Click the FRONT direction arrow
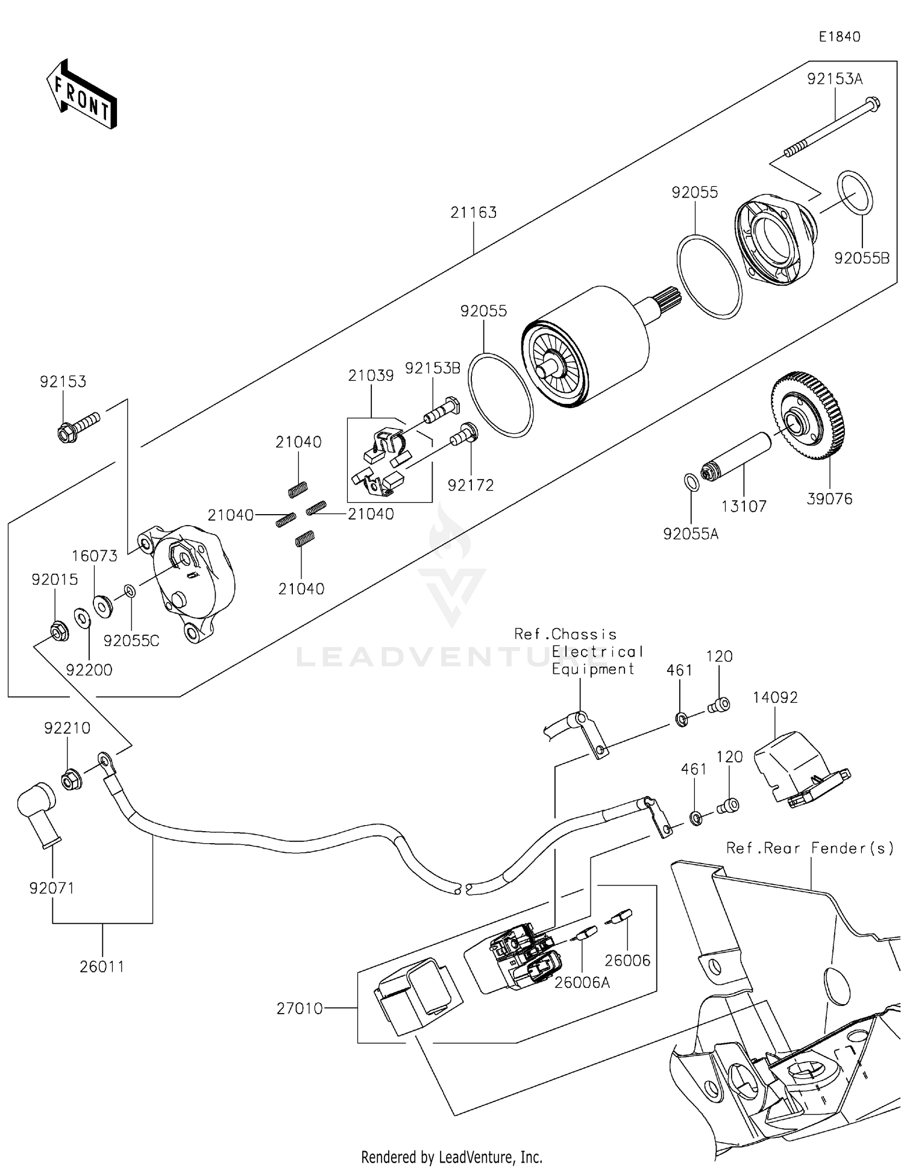click(81, 95)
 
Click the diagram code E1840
click(839, 37)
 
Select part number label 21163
click(473, 213)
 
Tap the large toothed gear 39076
click(808, 417)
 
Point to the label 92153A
click(835, 79)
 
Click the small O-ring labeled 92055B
click(855, 193)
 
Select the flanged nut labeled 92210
click(72, 780)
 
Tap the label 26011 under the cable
click(102, 966)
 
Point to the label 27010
click(300, 1008)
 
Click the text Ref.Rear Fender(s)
click(810, 848)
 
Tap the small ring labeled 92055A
click(691, 482)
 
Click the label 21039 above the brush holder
click(371, 375)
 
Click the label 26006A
click(582, 982)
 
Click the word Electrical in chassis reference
click(597, 652)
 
